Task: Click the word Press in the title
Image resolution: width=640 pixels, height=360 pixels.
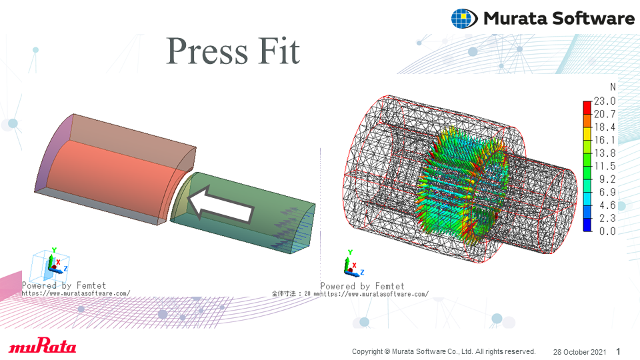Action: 207,51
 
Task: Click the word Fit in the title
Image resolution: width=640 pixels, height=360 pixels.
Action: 279,51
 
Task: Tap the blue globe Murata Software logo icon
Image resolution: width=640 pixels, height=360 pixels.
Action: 464,19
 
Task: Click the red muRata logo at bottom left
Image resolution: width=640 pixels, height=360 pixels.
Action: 43,345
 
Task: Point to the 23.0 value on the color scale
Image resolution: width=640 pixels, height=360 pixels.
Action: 605,101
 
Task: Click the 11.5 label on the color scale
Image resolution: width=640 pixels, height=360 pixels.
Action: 605,166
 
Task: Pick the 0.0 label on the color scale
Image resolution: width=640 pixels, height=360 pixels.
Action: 607,231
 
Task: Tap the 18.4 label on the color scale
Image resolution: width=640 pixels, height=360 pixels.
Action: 605,127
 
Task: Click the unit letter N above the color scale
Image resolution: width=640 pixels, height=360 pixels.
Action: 613,87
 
